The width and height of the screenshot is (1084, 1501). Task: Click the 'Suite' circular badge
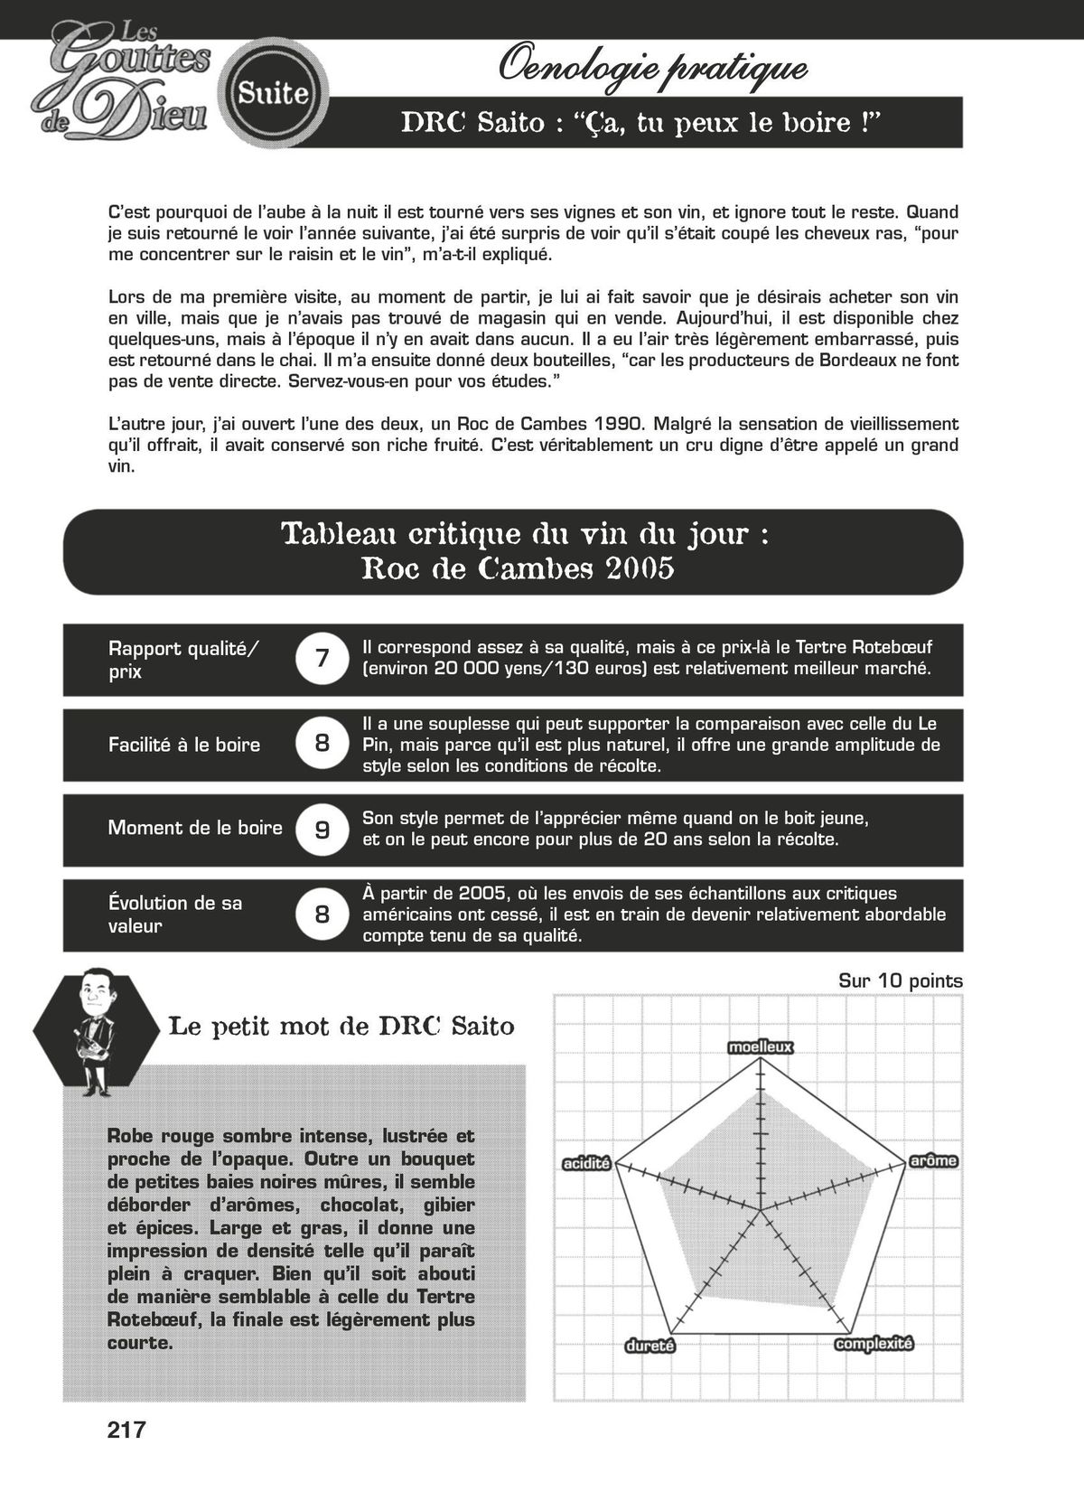pyautogui.click(x=274, y=93)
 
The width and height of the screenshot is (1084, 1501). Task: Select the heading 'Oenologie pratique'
pyautogui.click(x=652, y=67)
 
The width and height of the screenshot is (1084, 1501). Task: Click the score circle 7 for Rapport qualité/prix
pyautogui.click(x=322, y=659)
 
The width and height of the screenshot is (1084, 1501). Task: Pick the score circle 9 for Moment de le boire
pyautogui.click(x=322, y=830)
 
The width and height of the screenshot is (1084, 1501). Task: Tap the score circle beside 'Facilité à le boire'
pyautogui.click(x=322, y=744)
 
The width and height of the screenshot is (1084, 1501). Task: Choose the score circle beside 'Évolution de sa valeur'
pyautogui.click(x=322, y=915)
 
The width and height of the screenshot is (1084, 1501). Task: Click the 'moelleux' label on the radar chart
pyautogui.click(x=760, y=1047)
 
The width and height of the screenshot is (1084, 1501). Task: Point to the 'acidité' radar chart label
pyautogui.click(x=586, y=1163)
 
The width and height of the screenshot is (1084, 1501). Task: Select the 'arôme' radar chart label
pyautogui.click(x=933, y=1160)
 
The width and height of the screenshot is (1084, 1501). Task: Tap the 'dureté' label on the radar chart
pyautogui.click(x=650, y=1346)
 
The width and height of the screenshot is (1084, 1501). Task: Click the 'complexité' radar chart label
pyautogui.click(x=874, y=1344)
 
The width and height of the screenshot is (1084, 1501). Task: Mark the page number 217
pyautogui.click(x=126, y=1430)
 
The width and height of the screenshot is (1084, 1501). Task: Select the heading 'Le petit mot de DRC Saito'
pyautogui.click(x=341, y=1027)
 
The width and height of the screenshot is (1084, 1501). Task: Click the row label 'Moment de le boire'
pyautogui.click(x=195, y=828)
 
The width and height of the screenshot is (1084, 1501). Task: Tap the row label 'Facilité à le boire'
pyautogui.click(x=184, y=745)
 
